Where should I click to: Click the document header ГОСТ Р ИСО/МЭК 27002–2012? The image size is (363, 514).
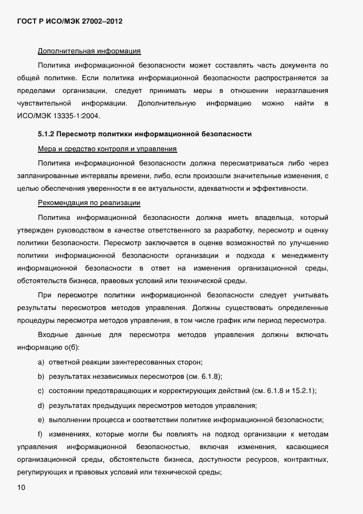[69, 21]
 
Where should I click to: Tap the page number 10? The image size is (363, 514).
[21, 487]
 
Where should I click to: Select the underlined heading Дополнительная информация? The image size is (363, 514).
[89, 52]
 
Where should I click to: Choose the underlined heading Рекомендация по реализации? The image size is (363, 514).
[89, 203]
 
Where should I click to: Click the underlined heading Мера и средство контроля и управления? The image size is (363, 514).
[107, 149]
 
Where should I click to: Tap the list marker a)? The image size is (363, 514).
[41, 362]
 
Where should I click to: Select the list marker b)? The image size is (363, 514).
[41, 377]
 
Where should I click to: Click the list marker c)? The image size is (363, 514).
[41, 391]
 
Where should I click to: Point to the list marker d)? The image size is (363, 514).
[41, 406]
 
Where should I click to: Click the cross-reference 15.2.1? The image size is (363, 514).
[303, 391]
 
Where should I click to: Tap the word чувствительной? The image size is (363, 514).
[44, 103]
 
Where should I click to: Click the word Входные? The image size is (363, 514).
[53, 334]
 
